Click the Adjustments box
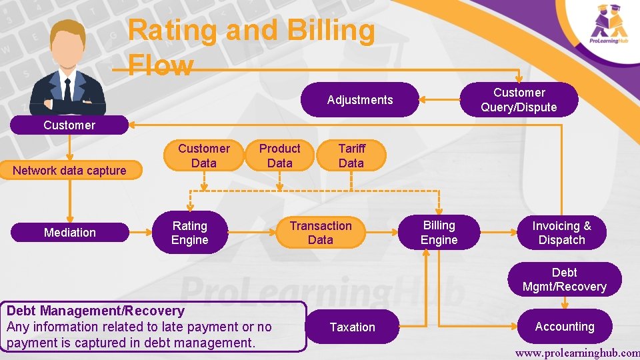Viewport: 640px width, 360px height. [x=360, y=100]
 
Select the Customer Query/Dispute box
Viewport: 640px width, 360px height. [x=519, y=100]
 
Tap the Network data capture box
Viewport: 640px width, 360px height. [x=69, y=171]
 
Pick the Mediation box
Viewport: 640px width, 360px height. [x=70, y=232]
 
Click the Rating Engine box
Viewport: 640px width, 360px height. [x=190, y=233]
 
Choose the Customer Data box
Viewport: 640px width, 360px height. [x=203, y=155]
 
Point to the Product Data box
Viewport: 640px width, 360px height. [x=279, y=155]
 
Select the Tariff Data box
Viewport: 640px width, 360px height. [x=351, y=155]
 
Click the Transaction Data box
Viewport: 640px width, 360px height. [x=321, y=233]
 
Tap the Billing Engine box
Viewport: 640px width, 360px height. [x=439, y=233]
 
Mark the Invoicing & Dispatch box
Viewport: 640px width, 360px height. [x=561, y=233]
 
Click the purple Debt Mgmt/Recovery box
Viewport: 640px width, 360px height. [x=564, y=279]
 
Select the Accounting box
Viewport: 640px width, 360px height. [x=564, y=326]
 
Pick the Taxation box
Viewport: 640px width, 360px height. [x=352, y=327]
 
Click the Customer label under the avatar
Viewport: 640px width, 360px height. [x=69, y=125]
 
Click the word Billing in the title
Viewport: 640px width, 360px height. [x=327, y=31]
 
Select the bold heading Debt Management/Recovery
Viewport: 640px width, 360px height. [x=95, y=311]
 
